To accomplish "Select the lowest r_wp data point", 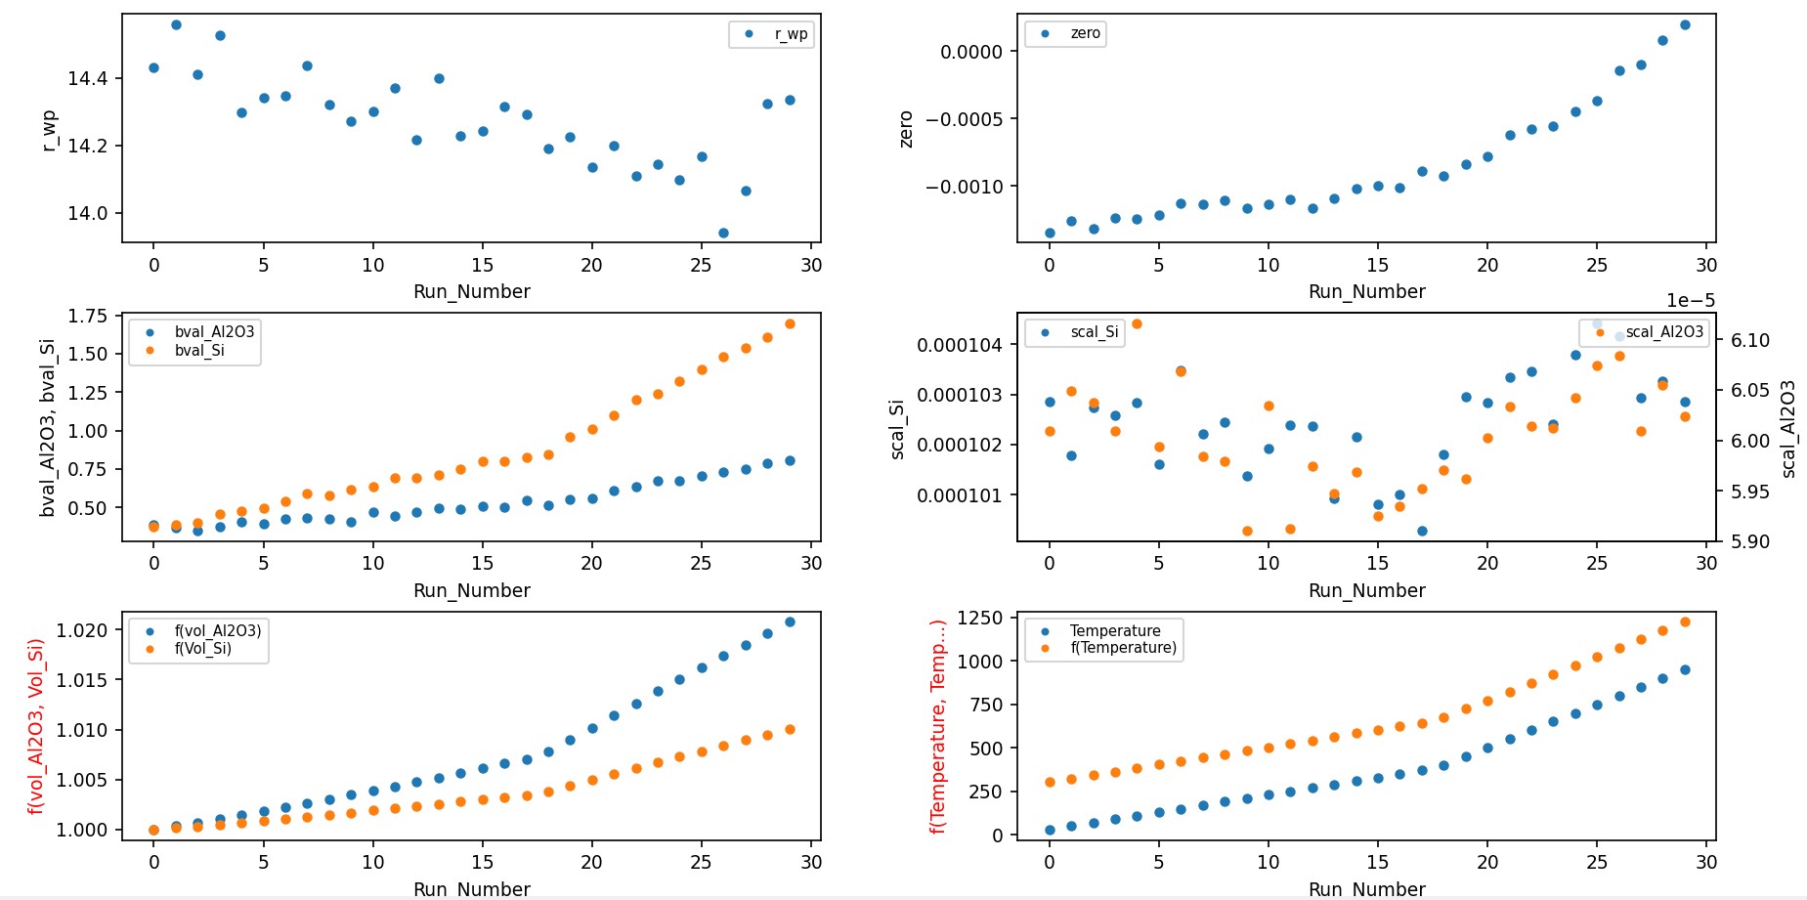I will [723, 233].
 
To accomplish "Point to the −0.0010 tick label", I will [971, 187].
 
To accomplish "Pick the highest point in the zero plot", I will [1685, 24].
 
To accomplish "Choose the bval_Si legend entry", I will [199, 351].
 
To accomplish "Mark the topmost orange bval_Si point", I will [790, 323].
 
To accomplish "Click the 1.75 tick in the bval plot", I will [88, 316].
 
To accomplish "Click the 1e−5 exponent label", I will [1691, 301].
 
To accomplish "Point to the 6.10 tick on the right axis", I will [1750, 340].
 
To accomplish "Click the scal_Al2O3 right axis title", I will [1788, 429].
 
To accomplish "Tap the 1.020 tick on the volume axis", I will [82, 630].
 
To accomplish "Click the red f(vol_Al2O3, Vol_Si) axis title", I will [36, 726].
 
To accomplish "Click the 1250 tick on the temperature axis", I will [980, 618].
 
